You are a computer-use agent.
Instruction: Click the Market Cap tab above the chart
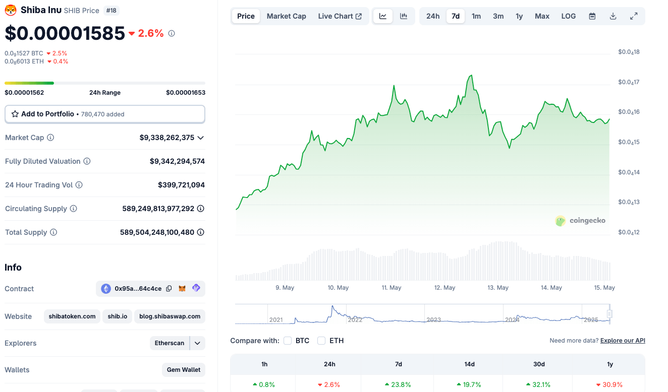click(x=286, y=16)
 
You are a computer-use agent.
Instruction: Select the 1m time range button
click(x=476, y=16)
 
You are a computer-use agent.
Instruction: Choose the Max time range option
click(x=542, y=16)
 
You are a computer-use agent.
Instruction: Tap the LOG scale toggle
click(x=568, y=16)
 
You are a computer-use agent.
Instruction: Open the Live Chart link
click(x=340, y=16)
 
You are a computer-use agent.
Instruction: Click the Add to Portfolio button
click(x=104, y=114)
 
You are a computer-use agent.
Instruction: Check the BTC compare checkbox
click(x=288, y=341)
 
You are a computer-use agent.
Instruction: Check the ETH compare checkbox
click(x=321, y=341)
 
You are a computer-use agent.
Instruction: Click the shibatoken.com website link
click(x=72, y=316)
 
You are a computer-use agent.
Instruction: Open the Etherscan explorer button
click(x=170, y=343)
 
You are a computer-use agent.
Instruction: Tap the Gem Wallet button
click(x=184, y=370)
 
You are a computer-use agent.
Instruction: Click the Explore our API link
click(x=623, y=341)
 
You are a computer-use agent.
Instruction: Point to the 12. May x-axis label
click(x=445, y=288)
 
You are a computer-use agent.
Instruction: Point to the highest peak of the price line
click(x=471, y=76)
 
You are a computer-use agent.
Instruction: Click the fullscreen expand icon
click(x=634, y=16)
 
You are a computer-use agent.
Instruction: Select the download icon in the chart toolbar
click(x=613, y=16)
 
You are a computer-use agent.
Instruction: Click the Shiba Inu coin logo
click(x=11, y=10)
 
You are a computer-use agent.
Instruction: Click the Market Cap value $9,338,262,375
click(x=166, y=138)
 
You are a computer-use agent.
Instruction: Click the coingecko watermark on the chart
click(x=580, y=221)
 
